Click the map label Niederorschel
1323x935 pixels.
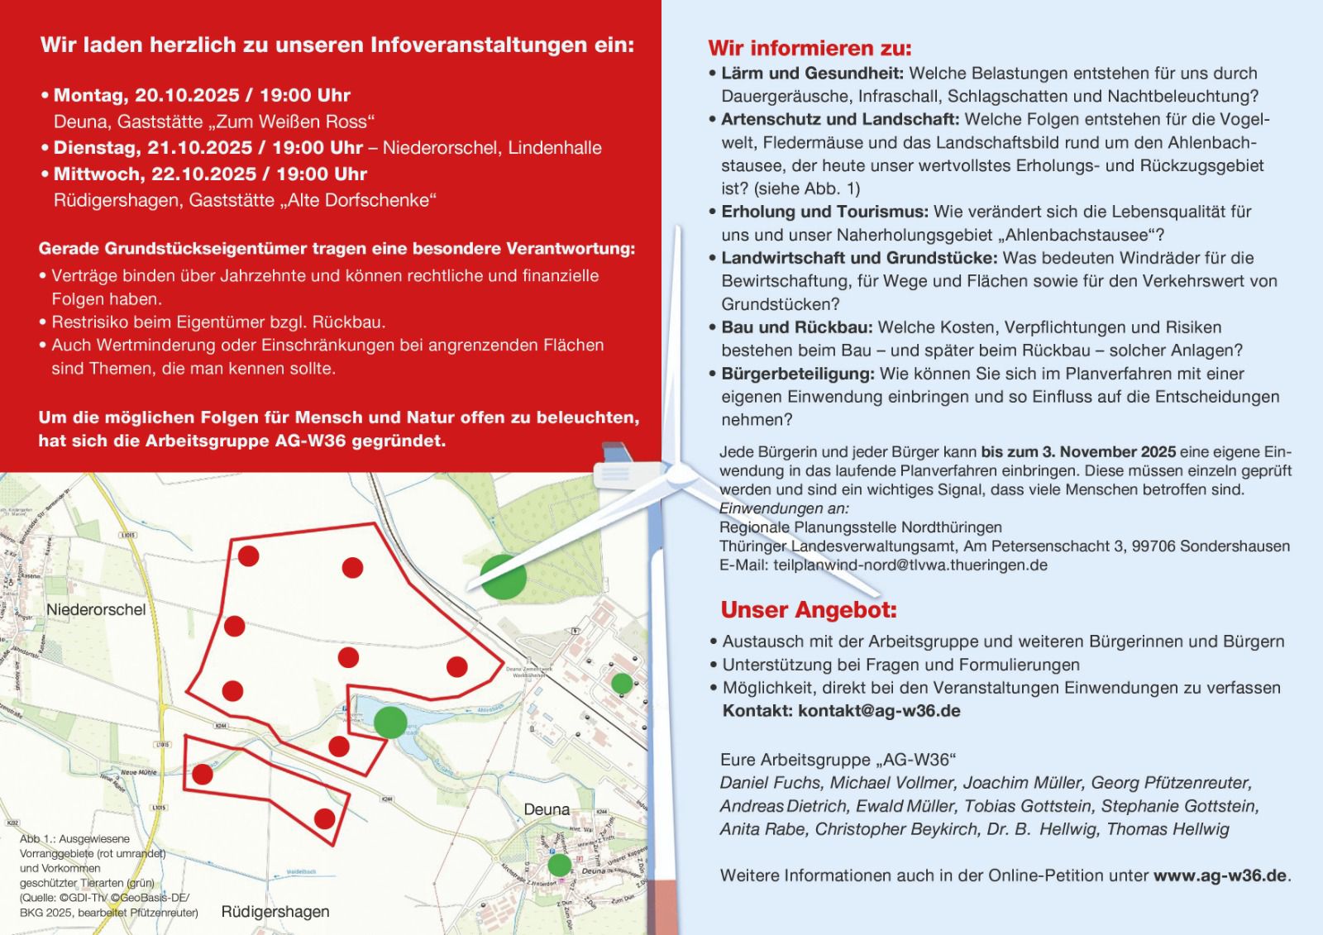96,610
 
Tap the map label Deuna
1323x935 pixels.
547,809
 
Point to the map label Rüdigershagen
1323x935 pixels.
275,912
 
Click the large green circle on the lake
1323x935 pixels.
390,721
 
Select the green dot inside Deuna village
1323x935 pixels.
560,865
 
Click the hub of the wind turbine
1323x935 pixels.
680,474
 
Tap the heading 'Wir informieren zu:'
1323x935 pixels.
810,48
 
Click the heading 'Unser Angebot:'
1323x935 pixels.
808,610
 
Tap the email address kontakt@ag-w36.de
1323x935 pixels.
879,711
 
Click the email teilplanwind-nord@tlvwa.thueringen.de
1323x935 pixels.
910,565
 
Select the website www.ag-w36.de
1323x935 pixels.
1220,875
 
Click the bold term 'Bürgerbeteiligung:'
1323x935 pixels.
798,374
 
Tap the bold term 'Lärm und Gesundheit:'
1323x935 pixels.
812,74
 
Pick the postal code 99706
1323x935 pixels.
1153,546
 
